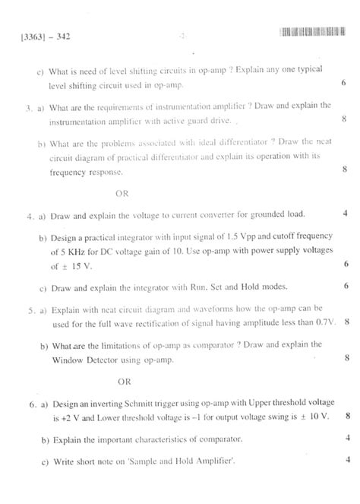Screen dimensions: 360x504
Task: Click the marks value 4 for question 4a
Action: click(346, 214)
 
